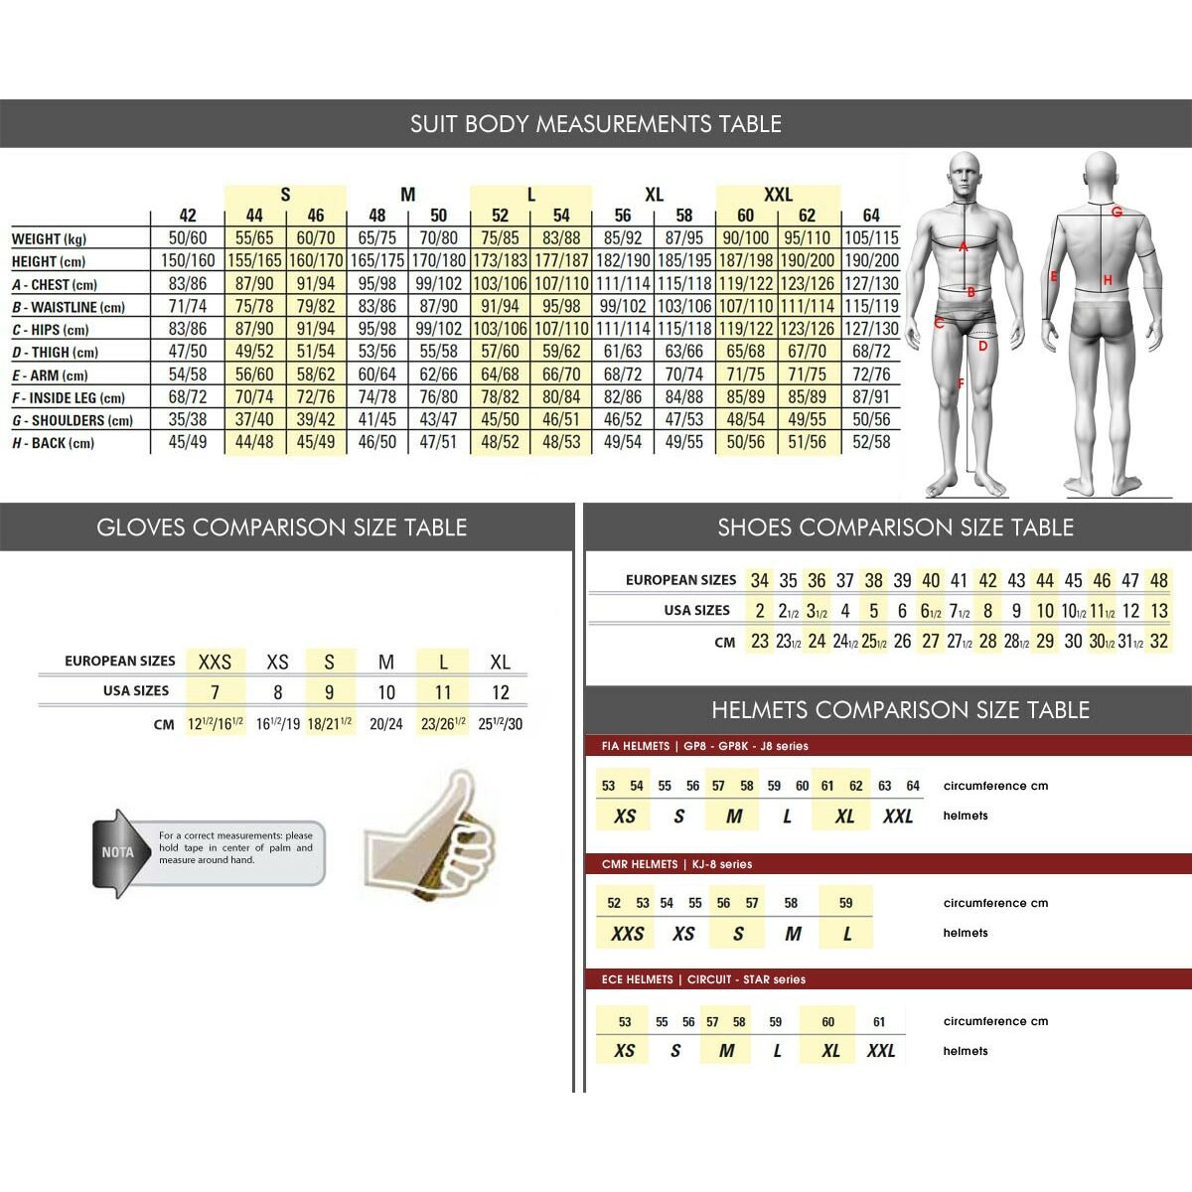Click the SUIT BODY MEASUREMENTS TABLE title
(596, 124)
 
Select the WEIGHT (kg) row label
(49, 238)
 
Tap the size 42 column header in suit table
(188, 216)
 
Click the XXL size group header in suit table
(778, 195)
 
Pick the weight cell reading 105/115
(870, 238)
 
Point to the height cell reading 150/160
(188, 261)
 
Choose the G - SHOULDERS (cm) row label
(72, 420)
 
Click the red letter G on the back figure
(1117, 212)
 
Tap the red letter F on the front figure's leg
(961, 383)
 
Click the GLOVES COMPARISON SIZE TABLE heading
(282, 527)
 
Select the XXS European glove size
(215, 662)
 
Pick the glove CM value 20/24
(386, 724)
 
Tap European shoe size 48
(1158, 580)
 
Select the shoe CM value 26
(902, 641)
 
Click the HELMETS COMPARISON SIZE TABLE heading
(900, 710)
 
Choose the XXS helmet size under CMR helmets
(628, 934)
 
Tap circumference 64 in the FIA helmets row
(913, 786)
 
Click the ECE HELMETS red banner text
(703, 979)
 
